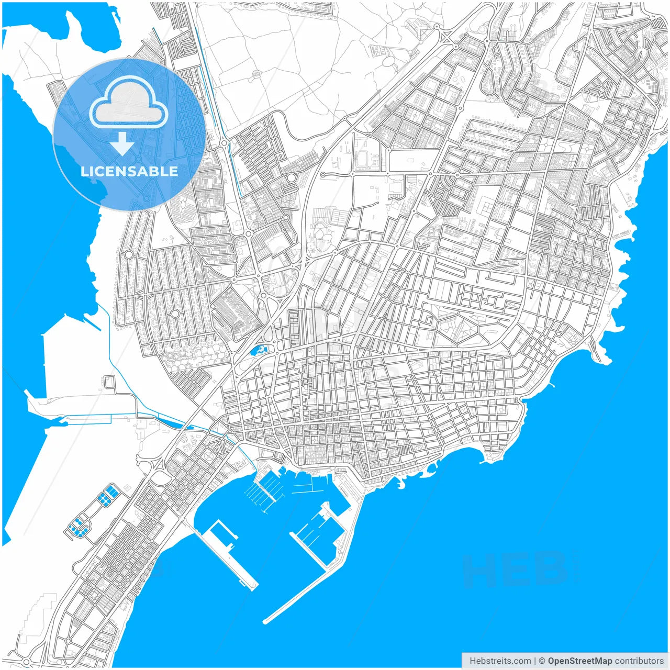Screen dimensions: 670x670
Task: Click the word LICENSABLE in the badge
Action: tap(129, 171)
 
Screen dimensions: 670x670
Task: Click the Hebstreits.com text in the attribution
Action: tap(500, 661)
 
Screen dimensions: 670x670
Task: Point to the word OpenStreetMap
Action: tap(579, 661)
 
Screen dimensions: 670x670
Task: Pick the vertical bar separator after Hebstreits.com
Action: tap(534, 661)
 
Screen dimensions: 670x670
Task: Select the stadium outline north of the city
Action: tap(362, 160)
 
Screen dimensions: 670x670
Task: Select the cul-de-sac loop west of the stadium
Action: tap(323, 174)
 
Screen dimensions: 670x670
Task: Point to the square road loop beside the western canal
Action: tap(109, 382)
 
